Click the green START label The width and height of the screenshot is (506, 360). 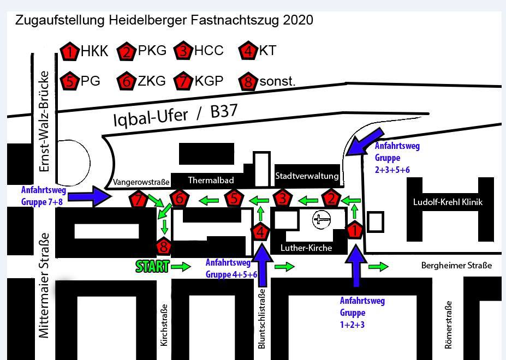[x=152, y=267]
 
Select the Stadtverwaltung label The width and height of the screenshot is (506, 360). [x=307, y=176]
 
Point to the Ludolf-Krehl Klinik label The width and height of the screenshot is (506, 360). [x=448, y=202]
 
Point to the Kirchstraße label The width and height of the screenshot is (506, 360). [x=163, y=325]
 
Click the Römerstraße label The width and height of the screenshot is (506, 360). [x=448, y=325]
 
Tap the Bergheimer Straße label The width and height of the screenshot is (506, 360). [x=456, y=266]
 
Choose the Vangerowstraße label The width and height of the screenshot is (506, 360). [x=141, y=182]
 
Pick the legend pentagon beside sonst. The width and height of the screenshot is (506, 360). [x=248, y=82]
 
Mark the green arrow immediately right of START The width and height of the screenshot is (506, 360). [x=182, y=267]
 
